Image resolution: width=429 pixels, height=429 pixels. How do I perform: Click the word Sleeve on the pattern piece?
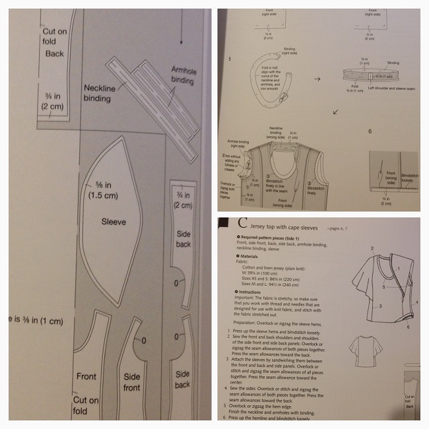tap(114, 222)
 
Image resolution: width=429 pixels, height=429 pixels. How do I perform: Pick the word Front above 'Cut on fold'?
tap(86, 376)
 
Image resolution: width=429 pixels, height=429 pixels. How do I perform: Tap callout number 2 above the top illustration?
tap(372, 248)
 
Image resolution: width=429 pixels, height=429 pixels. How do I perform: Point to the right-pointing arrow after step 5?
tap(316, 77)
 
